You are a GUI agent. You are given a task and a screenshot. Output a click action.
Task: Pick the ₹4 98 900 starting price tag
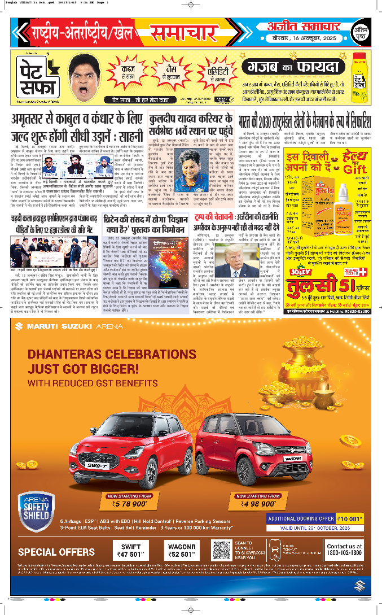coord(257,501)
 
